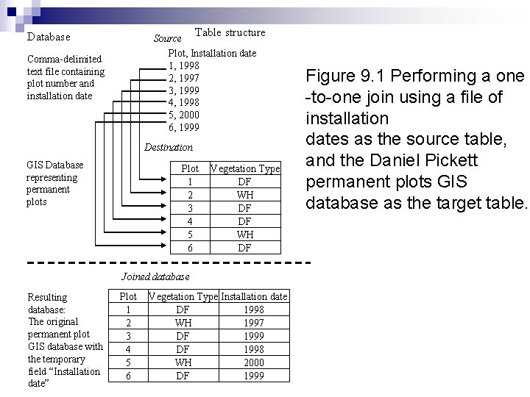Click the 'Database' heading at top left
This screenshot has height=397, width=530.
(x=49, y=37)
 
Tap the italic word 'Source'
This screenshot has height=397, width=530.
(x=167, y=38)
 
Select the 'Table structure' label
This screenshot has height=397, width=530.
(x=230, y=32)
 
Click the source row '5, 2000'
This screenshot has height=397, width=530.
(x=184, y=115)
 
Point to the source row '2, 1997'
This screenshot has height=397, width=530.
(x=184, y=77)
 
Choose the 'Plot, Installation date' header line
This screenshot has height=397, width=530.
(x=212, y=53)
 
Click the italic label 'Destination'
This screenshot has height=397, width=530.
(x=169, y=147)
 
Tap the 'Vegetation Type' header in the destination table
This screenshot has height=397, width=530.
(x=245, y=168)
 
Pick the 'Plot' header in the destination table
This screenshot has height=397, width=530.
(x=190, y=168)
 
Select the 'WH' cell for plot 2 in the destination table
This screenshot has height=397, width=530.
(x=245, y=195)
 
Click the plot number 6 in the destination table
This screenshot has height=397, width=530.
(x=190, y=248)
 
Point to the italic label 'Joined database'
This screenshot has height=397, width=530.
(x=155, y=276)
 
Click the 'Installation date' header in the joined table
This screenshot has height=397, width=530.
(x=255, y=296)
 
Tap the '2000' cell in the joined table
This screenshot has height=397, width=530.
(x=255, y=362)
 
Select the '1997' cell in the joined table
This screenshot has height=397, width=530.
(x=255, y=323)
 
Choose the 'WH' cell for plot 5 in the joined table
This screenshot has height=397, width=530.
(x=183, y=362)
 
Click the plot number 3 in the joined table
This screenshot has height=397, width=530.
(x=128, y=336)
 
